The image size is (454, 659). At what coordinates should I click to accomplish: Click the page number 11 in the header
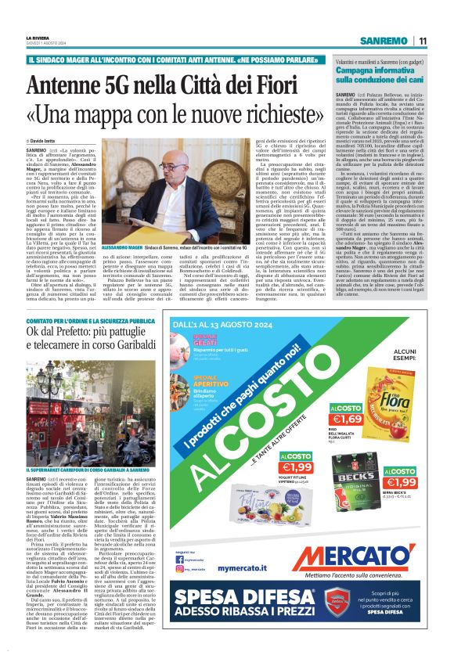(422, 40)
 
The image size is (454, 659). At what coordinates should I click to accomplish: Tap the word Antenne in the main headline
(68, 81)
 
